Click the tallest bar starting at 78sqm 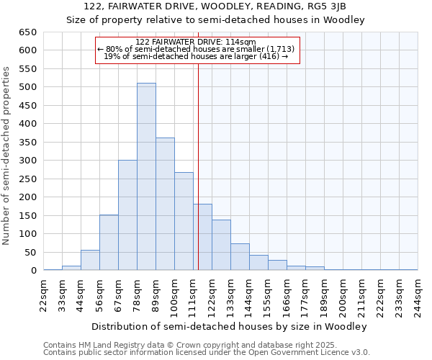pyautogui.click(x=146, y=176)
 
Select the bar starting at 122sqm pyautogui.click(x=221, y=245)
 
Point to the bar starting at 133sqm pyautogui.click(x=240, y=257)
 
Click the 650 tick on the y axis pyautogui.click(x=28, y=32)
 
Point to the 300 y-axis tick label pyautogui.click(x=28, y=161)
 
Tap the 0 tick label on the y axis pyautogui.click(x=34, y=271)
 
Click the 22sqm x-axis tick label pyautogui.click(x=44, y=292)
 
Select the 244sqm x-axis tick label pyautogui.click(x=418, y=292)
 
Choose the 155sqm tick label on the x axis pyautogui.click(x=268, y=292)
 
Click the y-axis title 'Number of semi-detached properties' pyautogui.click(x=6, y=156)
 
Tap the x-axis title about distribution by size pyautogui.click(x=230, y=326)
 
